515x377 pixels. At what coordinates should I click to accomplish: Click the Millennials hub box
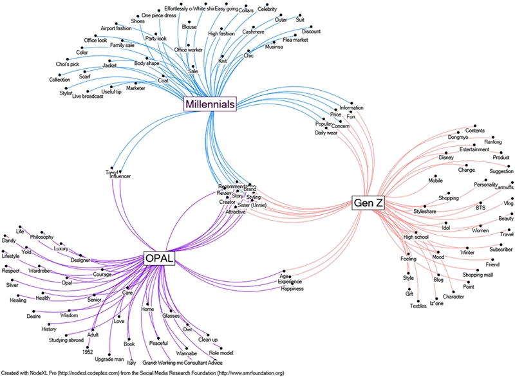pos(209,104)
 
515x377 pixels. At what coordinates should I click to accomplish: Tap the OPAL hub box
pos(160,259)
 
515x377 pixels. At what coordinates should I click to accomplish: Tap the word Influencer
pos(120,176)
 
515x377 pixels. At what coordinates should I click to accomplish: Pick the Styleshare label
pos(429,211)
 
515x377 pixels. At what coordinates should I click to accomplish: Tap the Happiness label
pos(292,289)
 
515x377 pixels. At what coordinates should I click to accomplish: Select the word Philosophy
pos(42,237)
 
